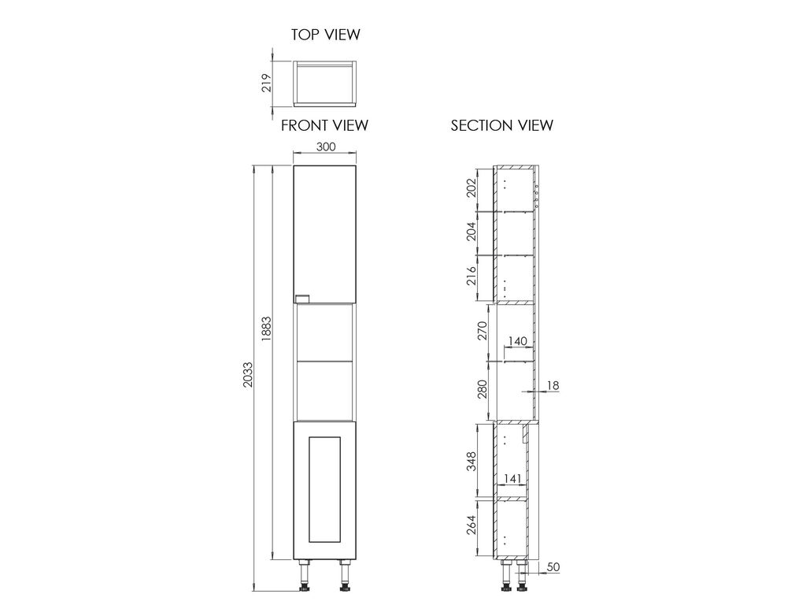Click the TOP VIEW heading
(325, 35)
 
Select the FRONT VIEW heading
(324, 125)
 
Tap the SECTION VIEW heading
(501, 125)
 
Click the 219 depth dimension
(266, 83)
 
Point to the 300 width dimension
(325, 147)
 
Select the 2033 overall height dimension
(248, 374)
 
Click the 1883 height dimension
(266, 328)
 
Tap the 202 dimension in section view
(471, 188)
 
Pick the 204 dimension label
(471, 232)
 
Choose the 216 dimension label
(471, 277)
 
